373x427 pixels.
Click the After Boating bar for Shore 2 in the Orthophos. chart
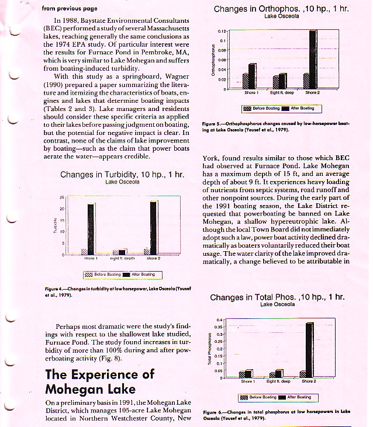coord(313,57)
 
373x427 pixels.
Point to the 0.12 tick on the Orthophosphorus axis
coord(222,30)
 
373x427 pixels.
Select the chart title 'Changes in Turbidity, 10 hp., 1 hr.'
coord(122,174)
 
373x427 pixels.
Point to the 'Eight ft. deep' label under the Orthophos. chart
coord(282,92)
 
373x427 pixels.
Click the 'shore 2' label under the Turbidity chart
coord(154,258)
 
